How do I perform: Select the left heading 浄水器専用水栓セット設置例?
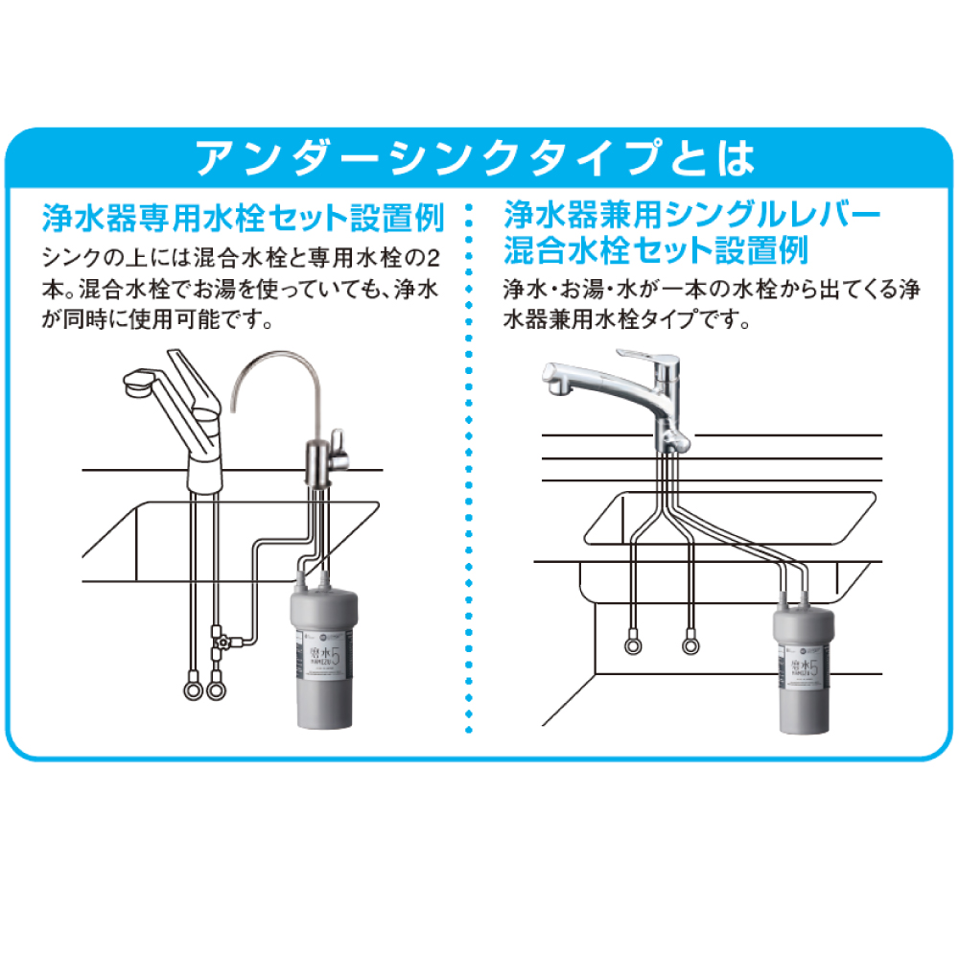click(x=243, y=218)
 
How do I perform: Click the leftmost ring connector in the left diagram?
click(x=190, y=688)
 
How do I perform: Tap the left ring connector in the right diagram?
click(x=631, y=644)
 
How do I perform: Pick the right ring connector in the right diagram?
click(x=688, y=644)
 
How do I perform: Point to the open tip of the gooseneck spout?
click(x=237, y=408)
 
